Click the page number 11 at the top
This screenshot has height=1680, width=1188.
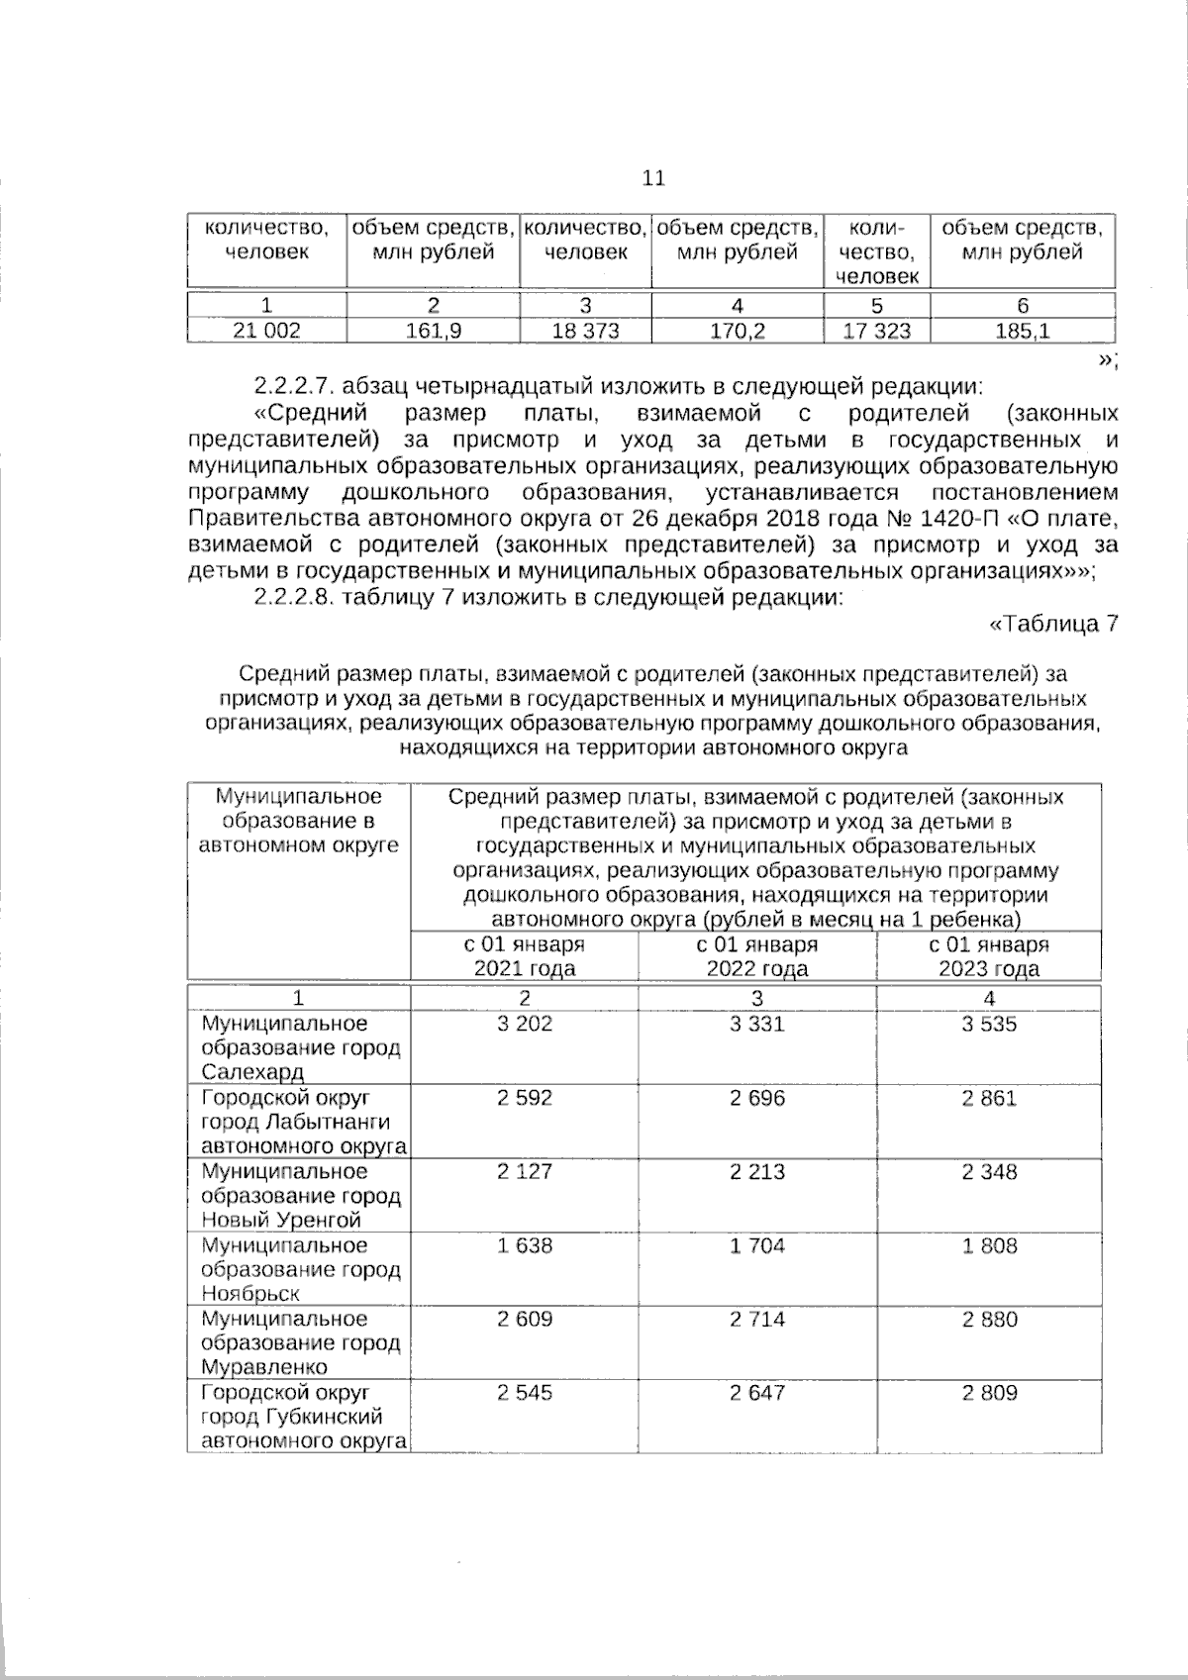pyautogui.click(x=653, y=178)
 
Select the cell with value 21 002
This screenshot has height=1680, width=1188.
pyautogui.click(x=266, y=331)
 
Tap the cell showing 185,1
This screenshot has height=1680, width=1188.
pyautogui.click(x=1023, y=331)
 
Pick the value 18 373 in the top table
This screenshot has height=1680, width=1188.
pyautogui.click(x=585, y=331)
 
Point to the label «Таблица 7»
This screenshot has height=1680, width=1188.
pyautogui.click(x=1054, y=624)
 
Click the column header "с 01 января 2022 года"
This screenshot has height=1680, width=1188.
pyautogui.click(x=757, y=956)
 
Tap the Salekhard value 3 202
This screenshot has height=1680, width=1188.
pyautogui.click(x=525, y=1024)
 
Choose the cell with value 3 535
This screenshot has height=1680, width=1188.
pyautogui.click(x=989, y=1024)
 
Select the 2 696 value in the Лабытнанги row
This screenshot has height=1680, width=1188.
pyautogui.click(x=757, y=1098)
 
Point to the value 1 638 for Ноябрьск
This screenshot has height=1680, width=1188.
pyautogui.click(x=525, y=1245)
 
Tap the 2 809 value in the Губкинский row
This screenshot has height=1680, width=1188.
pyautogui.click(x=989, y=1393)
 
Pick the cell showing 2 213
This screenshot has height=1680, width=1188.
pyautogui.click(x=757, y=1171)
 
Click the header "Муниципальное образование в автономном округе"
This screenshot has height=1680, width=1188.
pyautogui.click(x=299, y=821)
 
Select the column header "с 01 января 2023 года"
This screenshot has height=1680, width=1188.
pyautogui.click(x=989, y=956)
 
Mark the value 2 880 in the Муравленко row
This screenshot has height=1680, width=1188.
pyautogui.click(x=989, y=1319)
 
